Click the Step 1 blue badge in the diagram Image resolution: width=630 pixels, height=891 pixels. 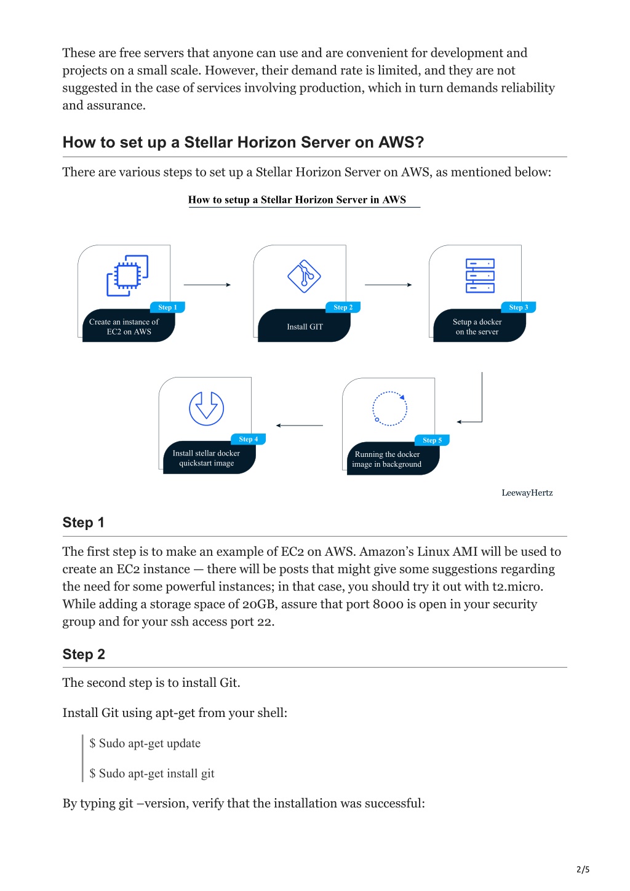point(167,307)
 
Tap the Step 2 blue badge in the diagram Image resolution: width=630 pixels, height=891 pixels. point(343,307)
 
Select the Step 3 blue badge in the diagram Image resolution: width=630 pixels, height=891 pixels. point(518,307)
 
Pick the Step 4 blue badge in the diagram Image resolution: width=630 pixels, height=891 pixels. point(248,439)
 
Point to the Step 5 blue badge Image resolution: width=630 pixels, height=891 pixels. point(432,440)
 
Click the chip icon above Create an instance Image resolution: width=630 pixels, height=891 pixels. point(127,275)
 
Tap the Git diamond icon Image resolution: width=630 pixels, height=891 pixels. point(304,276)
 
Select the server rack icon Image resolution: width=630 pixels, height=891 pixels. point(480,275)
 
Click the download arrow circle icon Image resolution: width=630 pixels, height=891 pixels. point(206,408)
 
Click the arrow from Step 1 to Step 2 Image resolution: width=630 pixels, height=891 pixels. point(207,285)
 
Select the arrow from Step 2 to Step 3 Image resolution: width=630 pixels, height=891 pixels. point(388,285)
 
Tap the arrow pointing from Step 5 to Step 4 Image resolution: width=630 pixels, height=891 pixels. point(299,426)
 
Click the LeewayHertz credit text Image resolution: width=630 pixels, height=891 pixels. point(527,493)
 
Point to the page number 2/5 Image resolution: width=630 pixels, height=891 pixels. point(583,869)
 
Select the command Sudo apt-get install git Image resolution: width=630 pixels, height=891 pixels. point(151,774)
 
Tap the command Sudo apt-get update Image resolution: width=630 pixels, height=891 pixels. point(145,743)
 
